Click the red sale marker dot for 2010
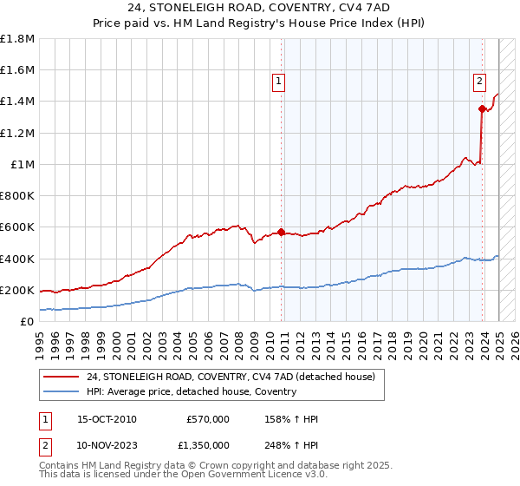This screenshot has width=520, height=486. [282, 232]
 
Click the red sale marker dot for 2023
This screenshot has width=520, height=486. [482, 108]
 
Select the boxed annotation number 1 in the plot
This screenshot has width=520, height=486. [279, 82]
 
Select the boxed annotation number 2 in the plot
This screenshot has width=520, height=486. [479, 82]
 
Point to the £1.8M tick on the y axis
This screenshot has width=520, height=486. [17, 39]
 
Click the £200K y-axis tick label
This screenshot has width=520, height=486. [17, 290]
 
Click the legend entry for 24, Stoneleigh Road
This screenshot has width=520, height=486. [231, 377]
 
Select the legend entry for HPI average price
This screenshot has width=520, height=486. [191, 391]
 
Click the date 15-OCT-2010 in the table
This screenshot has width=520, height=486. [107, 419]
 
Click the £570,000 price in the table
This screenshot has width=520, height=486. [208, 419]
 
